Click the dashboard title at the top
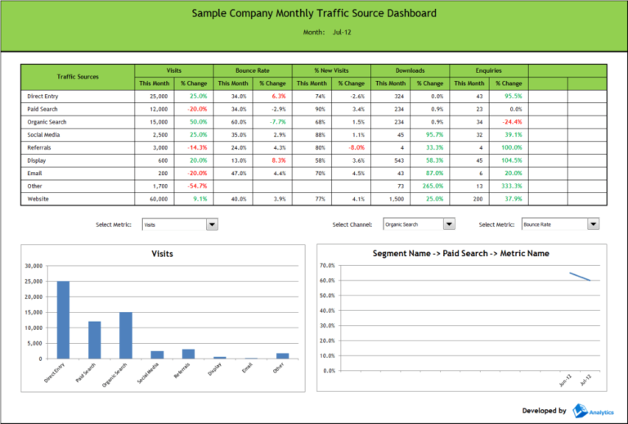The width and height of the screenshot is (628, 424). coord(314,13)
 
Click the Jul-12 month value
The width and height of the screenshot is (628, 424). coord(342,32)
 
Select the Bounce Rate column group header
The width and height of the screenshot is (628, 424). coord(253,70)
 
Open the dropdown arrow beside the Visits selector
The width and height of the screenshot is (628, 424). coord(213,224)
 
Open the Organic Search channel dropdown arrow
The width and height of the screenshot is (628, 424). coord(449,224)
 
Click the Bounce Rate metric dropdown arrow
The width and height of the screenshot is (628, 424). coord(594,224)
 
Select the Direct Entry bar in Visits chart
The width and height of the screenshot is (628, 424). coord(63,319)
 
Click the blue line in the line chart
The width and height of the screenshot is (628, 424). coord(580,277)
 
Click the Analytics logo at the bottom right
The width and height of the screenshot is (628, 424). coord(592,410)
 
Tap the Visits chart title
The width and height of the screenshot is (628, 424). coord(163,254)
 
